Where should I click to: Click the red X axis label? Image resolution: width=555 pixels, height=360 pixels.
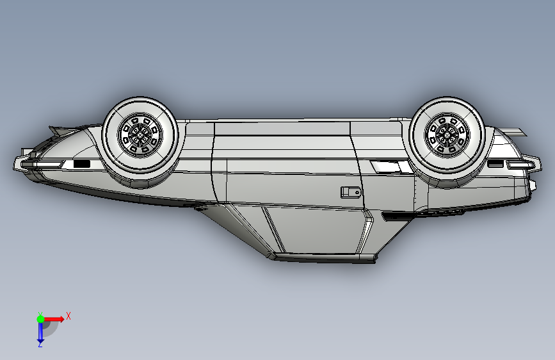coord(68,316)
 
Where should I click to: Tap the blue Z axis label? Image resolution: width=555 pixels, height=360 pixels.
coord(40,344)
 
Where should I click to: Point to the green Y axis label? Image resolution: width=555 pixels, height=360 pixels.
coord(40,314)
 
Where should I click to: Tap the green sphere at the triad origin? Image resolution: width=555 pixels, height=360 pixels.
coord(40,319)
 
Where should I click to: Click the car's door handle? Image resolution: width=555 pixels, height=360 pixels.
coord(351,192)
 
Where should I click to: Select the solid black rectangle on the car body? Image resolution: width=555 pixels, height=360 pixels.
coord(82,164)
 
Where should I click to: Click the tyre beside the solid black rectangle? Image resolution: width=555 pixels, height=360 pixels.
coord(140,135)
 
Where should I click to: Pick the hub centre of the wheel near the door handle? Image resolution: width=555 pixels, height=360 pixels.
coord(446,135)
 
